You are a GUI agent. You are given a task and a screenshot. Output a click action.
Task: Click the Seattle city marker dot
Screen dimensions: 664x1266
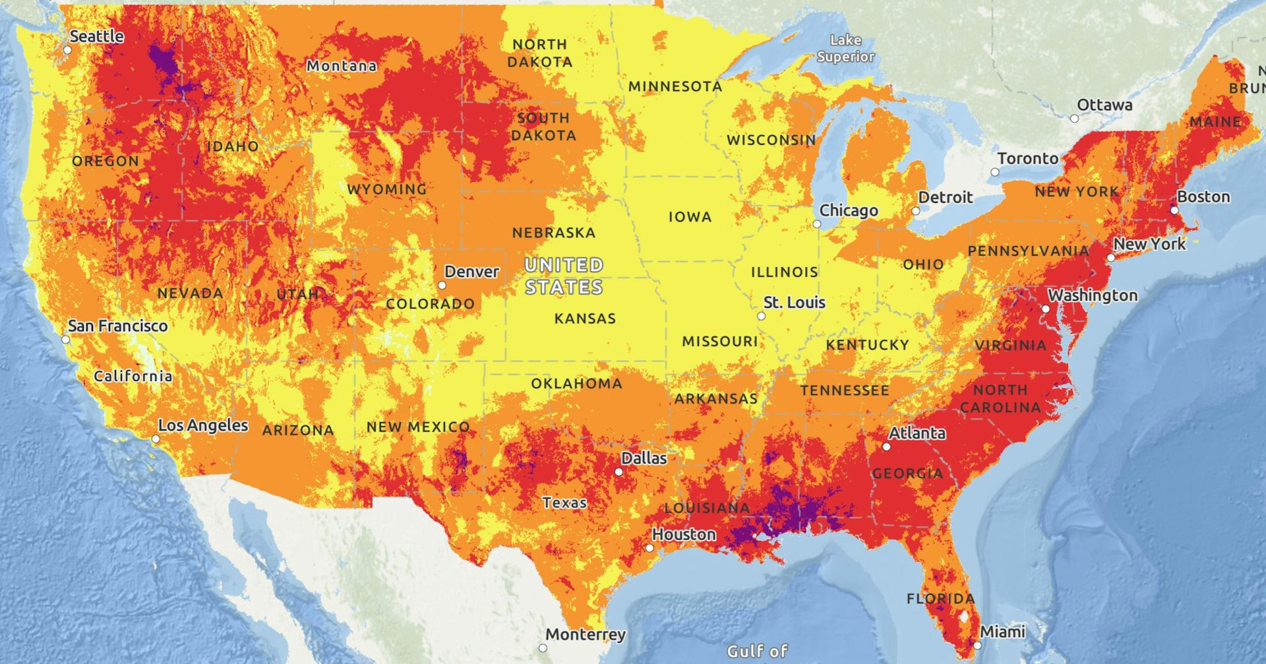[x=67, y=50]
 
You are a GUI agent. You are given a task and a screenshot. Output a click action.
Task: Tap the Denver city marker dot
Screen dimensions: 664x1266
[x=442, y=286]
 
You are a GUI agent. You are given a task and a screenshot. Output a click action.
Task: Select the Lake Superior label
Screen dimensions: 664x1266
[x=845, y=49]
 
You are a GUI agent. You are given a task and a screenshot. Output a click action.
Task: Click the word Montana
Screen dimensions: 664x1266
[x=342, y=66]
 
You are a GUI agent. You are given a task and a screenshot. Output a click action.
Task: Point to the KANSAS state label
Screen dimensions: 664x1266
[x=585, y=318]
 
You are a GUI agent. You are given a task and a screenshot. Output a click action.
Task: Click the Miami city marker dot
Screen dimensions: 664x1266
[x=977, y=646]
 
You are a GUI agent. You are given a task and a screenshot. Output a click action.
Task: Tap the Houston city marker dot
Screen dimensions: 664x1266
[x=649, y=548]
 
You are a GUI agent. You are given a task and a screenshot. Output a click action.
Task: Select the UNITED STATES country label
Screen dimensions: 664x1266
[x=564, y=276]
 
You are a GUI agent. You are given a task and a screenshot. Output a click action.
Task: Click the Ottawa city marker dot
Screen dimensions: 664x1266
[x=1074, y=119]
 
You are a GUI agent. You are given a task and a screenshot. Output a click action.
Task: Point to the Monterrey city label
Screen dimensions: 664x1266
[x=585, y=634]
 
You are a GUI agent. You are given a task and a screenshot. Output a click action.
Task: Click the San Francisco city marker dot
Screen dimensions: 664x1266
[x=66, y=340]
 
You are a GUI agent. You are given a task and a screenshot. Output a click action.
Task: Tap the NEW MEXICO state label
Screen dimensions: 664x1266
[x=418, y=427]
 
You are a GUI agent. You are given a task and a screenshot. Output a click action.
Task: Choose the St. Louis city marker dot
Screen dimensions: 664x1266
[x=761, y=317]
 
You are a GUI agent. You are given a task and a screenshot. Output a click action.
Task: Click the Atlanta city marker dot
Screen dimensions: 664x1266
[x=886, y=447]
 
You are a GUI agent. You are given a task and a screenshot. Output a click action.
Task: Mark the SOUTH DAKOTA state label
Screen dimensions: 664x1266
[x=543, y=127]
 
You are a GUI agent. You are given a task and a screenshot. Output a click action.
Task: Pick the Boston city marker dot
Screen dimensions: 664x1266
[x=1174, y=210]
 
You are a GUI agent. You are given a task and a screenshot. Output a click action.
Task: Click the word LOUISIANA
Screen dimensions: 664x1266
[x=707, y=508]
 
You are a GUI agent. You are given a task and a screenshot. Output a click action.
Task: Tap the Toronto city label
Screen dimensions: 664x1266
[x=1027, y=159]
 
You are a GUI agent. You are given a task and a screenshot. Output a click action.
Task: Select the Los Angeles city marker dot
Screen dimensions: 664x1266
[x=156, y=439]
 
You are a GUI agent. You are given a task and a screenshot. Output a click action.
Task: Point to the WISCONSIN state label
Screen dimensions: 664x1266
[x=771, y=140]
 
